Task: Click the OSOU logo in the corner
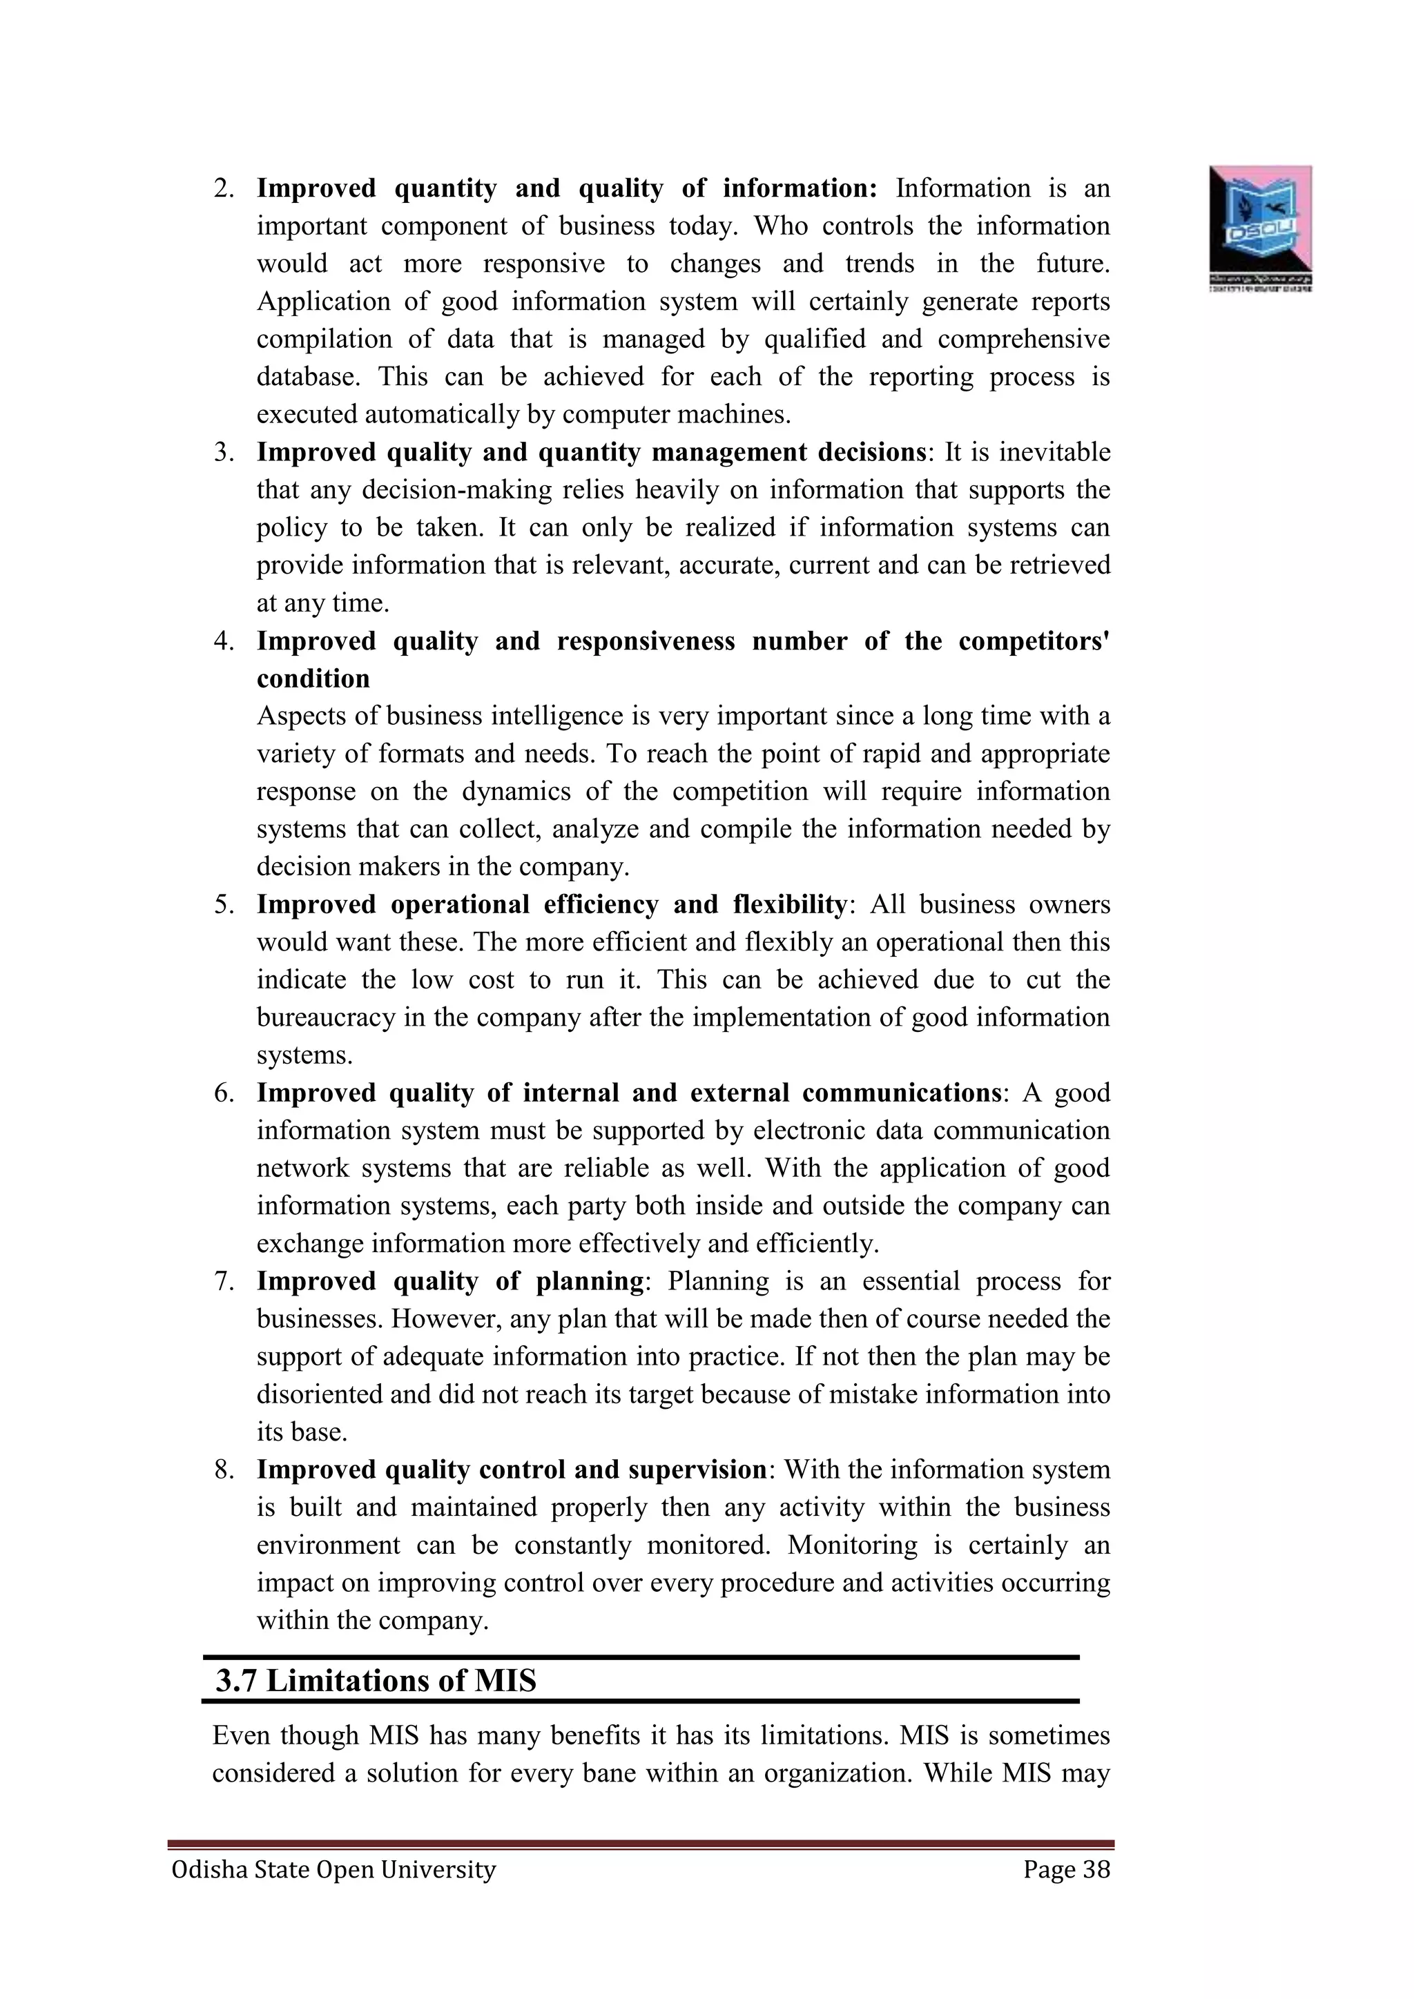(x=1260, y=227)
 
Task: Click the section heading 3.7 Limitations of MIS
(x=376, y=1680)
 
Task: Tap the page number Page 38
(x=1067, y=1869)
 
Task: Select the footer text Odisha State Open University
(x=333, y=1869)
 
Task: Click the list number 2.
(x=224, y=189)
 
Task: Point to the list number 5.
(x=224, y=905)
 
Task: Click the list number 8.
(x=224, y=1470)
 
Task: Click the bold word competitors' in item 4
(x=1034, y=642)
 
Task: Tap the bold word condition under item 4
(x=313, y=679)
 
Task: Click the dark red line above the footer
(x=640, y=1843)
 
